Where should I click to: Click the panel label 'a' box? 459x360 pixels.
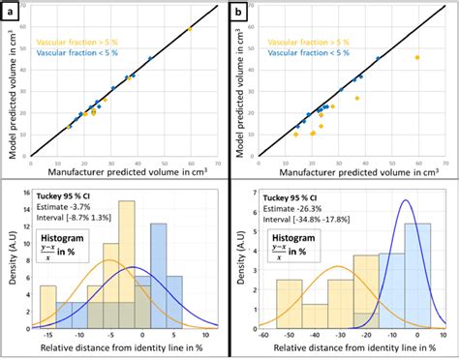[x=13, y=11]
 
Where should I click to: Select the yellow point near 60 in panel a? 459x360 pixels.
[x=190, y=29]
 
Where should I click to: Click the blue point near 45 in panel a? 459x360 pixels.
[x=150, y=58]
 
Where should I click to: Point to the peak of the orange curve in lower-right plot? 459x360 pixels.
[x=340, y=267]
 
